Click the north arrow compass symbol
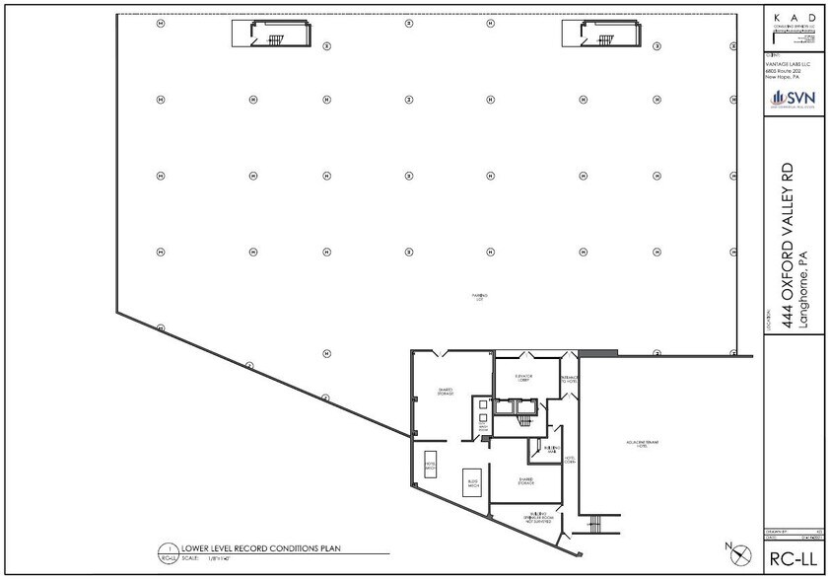click(x=731, y=548)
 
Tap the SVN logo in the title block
click(x=788, y=98)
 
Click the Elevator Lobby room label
click(x=523, y=378)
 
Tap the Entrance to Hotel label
click(x=570, y=380)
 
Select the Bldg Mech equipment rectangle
click(x=471, y=483)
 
